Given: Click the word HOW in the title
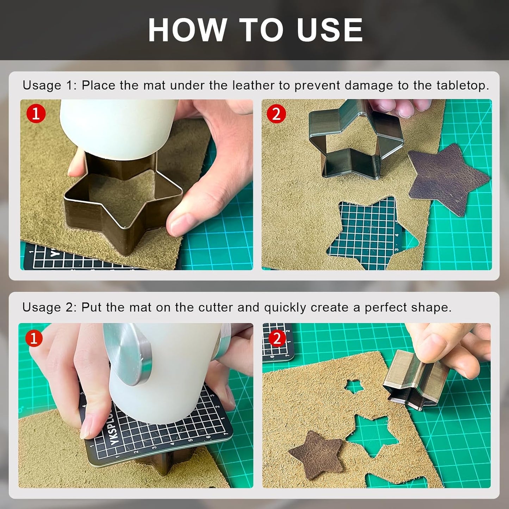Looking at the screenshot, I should [x=187, y=30].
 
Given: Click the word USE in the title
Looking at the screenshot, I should [x=329, y=30].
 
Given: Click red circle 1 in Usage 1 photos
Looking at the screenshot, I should [x=36, y=113].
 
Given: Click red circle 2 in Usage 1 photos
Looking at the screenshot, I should [x=276, y=114].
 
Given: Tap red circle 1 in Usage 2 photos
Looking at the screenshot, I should [x=34, y=339].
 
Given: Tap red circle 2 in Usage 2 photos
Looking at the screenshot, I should [x=278, y=339].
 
